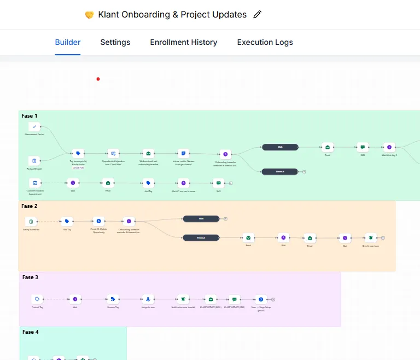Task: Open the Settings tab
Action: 115,42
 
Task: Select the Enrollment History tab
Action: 183,42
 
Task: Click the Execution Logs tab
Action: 265,42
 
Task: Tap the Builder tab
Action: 68,42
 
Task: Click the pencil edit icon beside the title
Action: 258,15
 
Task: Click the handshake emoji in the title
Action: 89,15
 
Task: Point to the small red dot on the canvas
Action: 98,79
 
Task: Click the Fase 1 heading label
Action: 30,116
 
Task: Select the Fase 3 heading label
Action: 30,277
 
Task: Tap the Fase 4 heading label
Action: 30,332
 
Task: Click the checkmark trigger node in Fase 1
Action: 34,127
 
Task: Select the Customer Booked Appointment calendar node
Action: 34,183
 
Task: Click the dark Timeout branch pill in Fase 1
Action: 279,171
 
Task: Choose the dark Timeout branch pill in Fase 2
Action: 201,237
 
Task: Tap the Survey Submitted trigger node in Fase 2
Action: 31,222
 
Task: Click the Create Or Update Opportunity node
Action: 98,221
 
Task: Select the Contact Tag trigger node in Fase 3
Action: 37,299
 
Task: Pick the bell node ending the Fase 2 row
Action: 371,237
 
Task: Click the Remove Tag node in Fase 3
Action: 113,299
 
